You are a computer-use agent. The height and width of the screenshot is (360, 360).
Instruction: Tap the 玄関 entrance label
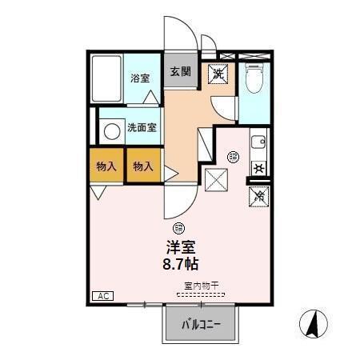tap(180, 70)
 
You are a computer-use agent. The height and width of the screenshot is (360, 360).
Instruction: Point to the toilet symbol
tap(254, 78)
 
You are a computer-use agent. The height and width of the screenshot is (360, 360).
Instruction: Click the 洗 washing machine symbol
tap(217, 73)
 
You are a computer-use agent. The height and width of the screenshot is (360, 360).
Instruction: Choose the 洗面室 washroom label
tap(142, 127)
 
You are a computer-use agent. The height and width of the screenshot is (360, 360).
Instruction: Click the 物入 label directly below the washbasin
tap(106, 166)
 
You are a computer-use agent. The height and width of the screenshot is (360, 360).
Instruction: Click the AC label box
tap(102, 296)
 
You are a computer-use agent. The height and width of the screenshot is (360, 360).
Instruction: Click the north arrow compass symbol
tap(315, 322)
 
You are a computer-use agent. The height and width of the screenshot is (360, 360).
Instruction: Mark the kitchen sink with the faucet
tap(259, 144)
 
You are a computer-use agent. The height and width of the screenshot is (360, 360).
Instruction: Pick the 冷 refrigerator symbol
tap(258, 194)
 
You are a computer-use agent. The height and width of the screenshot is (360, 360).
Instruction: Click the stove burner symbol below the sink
tap(258, 168)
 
